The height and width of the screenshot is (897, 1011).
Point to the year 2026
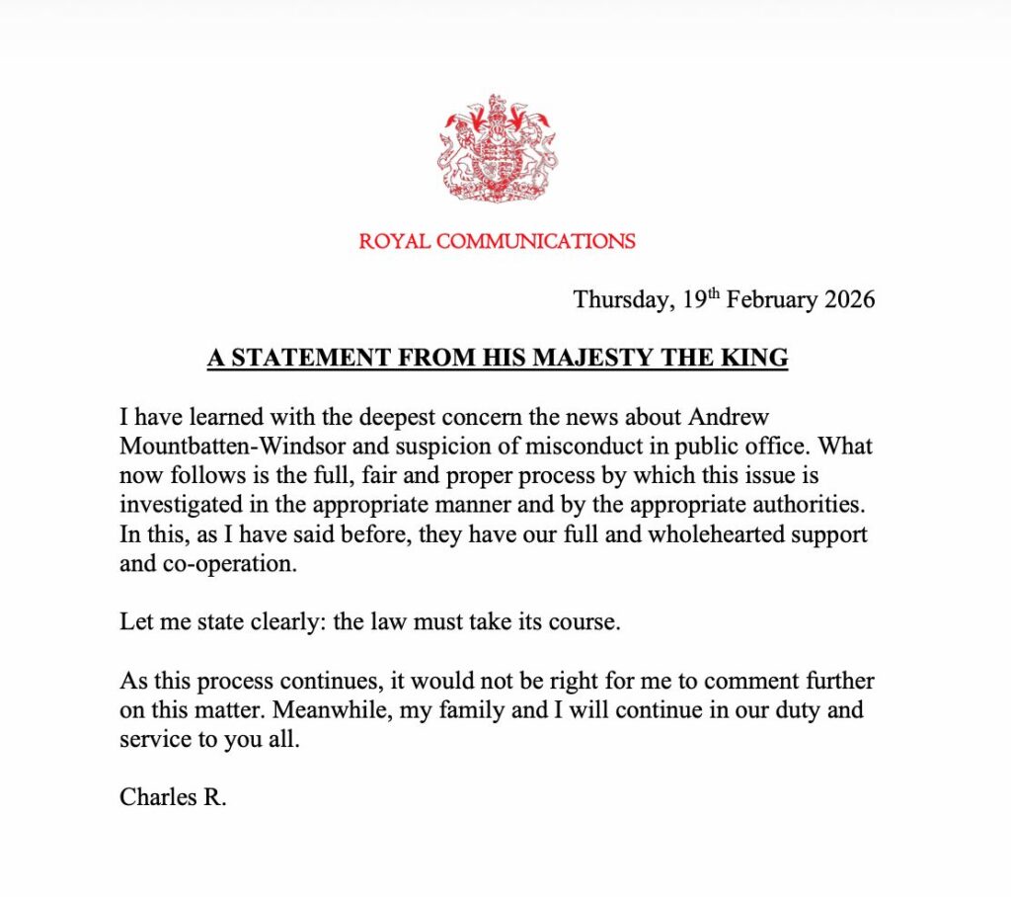842,299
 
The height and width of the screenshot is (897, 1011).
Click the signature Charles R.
173,796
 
